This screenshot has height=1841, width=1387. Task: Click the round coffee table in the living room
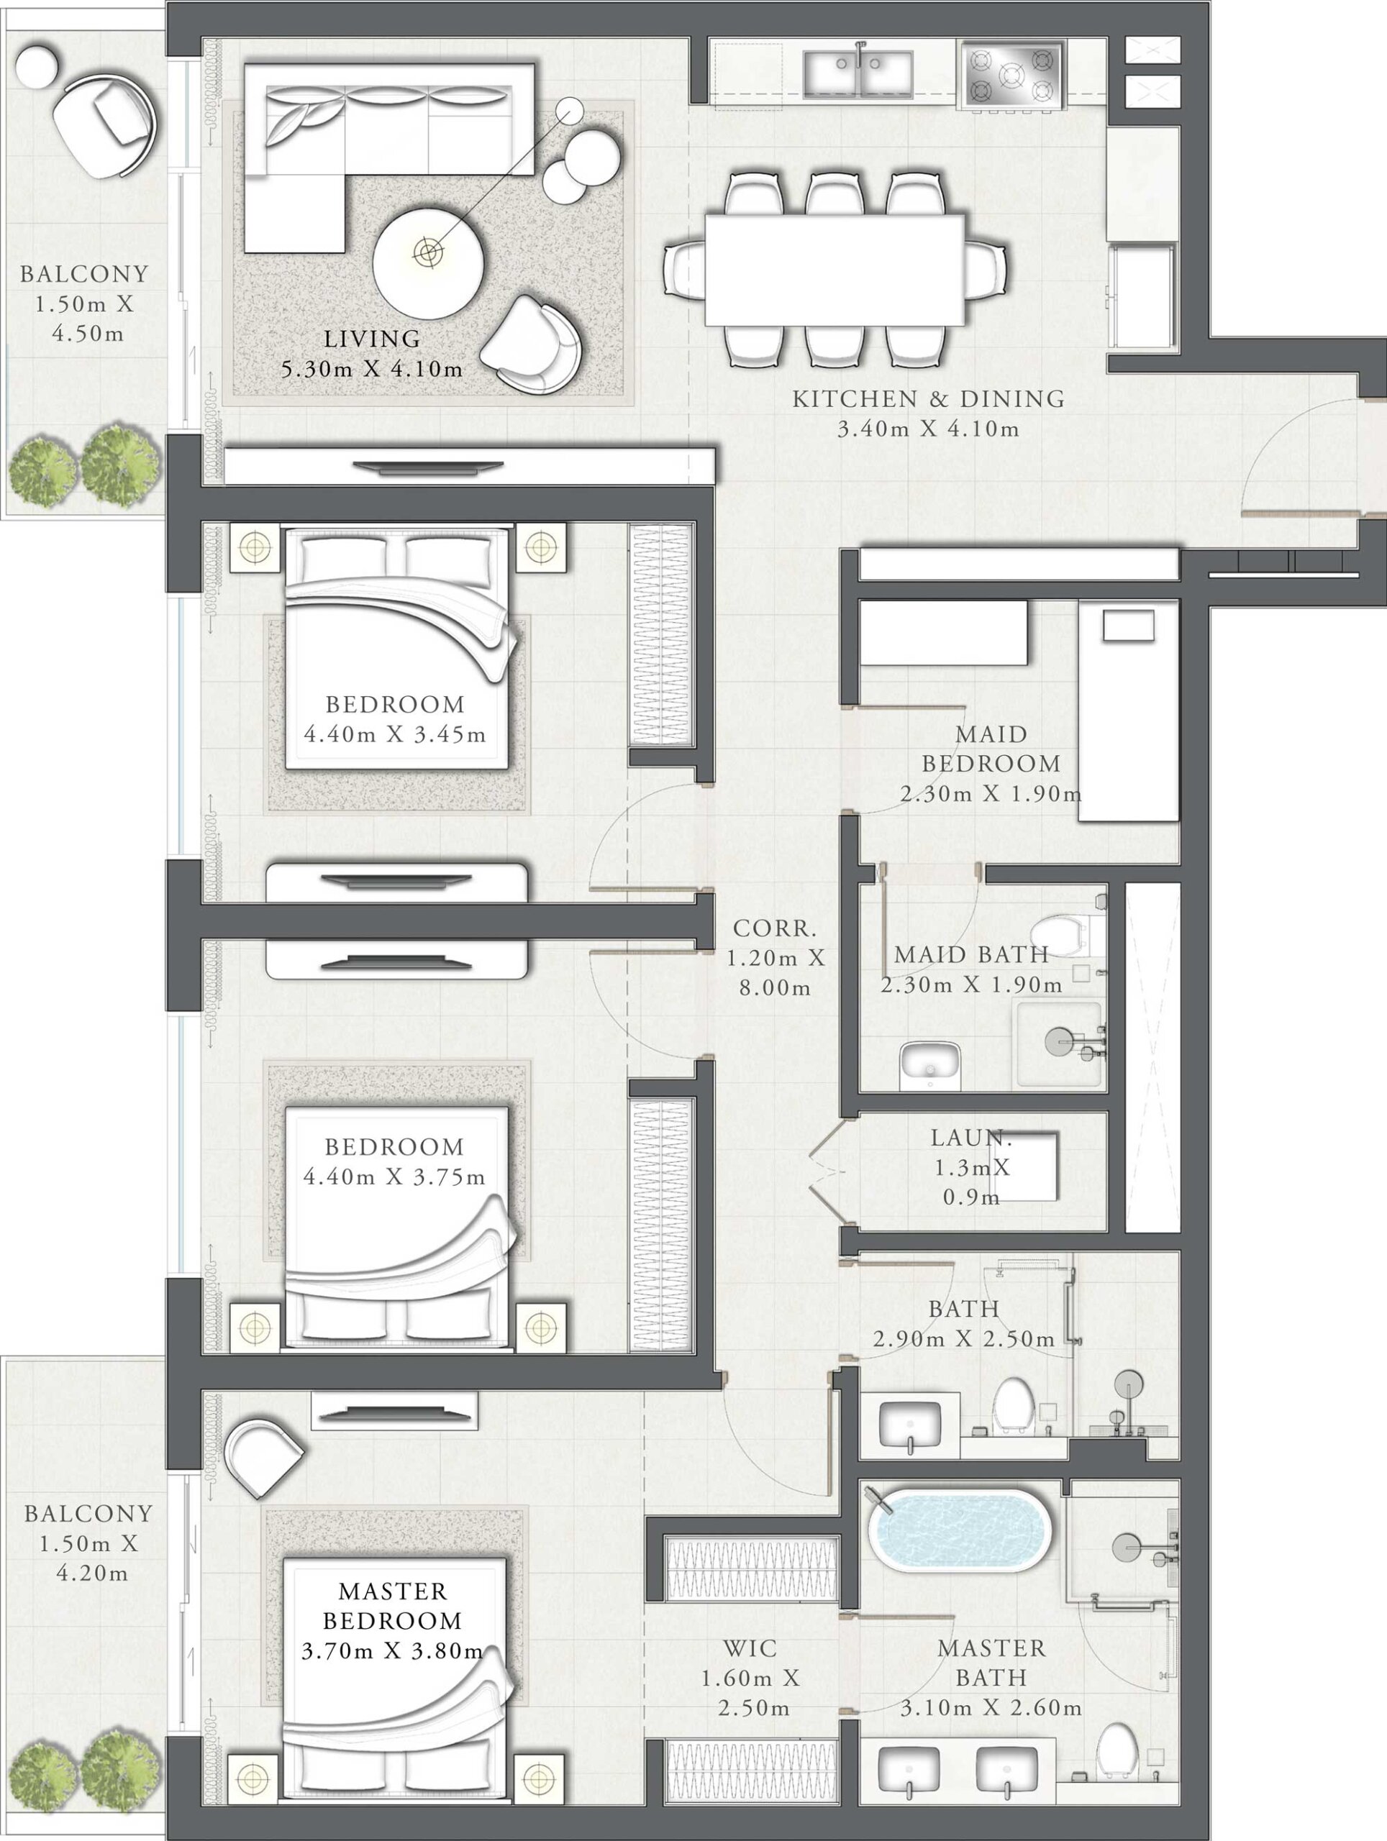[x=428, y=261]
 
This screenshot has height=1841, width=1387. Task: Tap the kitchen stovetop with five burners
[x=1012, y=75]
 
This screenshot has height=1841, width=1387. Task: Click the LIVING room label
[x=372, y=339]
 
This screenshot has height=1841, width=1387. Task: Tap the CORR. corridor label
[x=775, y=928]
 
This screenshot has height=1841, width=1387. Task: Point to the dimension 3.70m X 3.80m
[x=392, y=1651]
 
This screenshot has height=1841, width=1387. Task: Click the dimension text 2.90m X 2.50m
[x=964, y=1339]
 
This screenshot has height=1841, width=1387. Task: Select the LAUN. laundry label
[x=970, y=1138]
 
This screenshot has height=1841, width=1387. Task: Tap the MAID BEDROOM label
[x=991, y=749]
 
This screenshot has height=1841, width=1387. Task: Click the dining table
[x=835, y=270]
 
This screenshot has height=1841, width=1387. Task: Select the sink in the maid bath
[x=931, y=1065]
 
